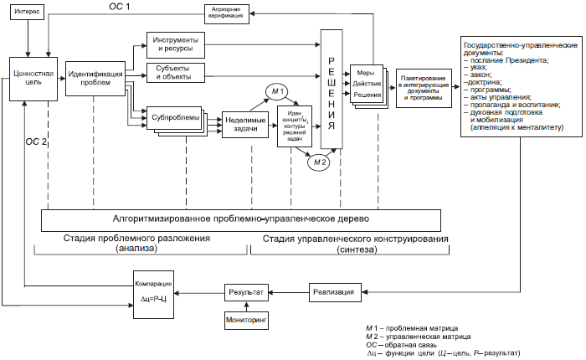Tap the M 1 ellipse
tap(277, 90)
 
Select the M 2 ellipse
tap(318, 162)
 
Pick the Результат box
tap(246, 292)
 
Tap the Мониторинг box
tap(245, 320)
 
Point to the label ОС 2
tap(38, 141)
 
